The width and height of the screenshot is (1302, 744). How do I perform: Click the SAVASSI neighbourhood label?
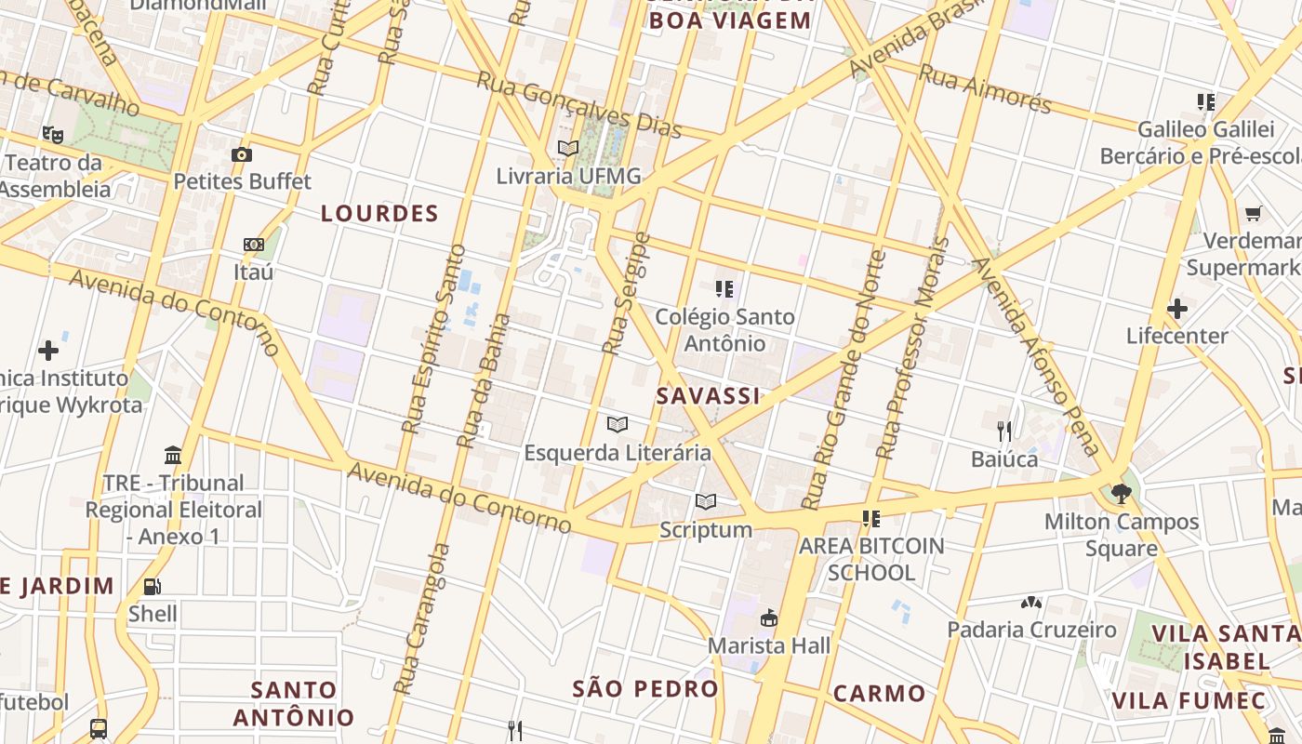[708, 396]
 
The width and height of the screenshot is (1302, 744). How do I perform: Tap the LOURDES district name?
[379, 214]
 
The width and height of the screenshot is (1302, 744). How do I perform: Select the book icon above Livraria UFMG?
[568, 148]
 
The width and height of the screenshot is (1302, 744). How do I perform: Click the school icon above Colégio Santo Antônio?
[724, 289]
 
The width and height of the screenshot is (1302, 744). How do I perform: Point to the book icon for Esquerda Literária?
[617, 425]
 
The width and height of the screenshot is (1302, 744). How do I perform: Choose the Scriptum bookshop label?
[706, 530]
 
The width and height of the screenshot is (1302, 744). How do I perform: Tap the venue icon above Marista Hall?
[769, 618]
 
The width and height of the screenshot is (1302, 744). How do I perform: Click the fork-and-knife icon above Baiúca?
[1004, 431]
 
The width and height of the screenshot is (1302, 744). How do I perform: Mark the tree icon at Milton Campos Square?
[1121, 493]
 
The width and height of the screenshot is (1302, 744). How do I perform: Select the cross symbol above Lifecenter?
[1177, 308]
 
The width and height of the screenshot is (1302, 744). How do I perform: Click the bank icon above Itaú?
[254, 245]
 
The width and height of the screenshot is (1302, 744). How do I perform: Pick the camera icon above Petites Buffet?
[242, 154]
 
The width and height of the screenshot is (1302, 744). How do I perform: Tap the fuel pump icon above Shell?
[152, 586]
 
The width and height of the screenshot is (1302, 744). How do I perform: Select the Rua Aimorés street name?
[985, 89]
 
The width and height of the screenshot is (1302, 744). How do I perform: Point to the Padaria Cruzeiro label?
[1031, 630]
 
